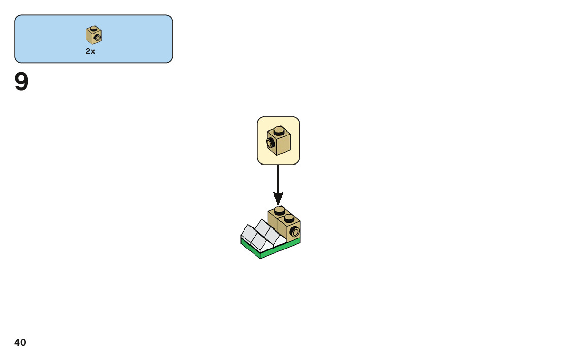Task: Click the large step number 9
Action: (x=21, y=82)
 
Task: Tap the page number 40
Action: (x=20, y=343)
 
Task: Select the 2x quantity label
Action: (x=90, y=51)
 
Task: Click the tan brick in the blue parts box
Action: (x=93, y=35)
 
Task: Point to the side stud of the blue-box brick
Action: (x=97, y=37)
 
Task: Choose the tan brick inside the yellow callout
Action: (x=278, y=141)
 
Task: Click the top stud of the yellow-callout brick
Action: (x=279, y=130)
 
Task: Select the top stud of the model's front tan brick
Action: (x=289, y=218)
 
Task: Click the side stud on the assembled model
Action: (x=294, y=233)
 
